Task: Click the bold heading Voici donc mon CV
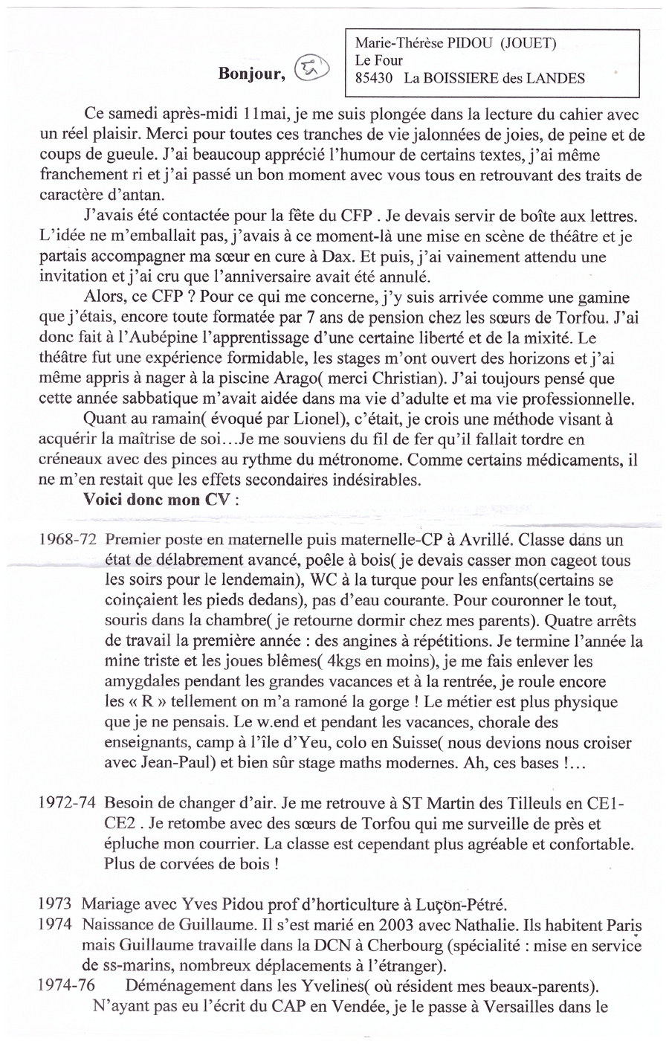(x=159, y=500)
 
